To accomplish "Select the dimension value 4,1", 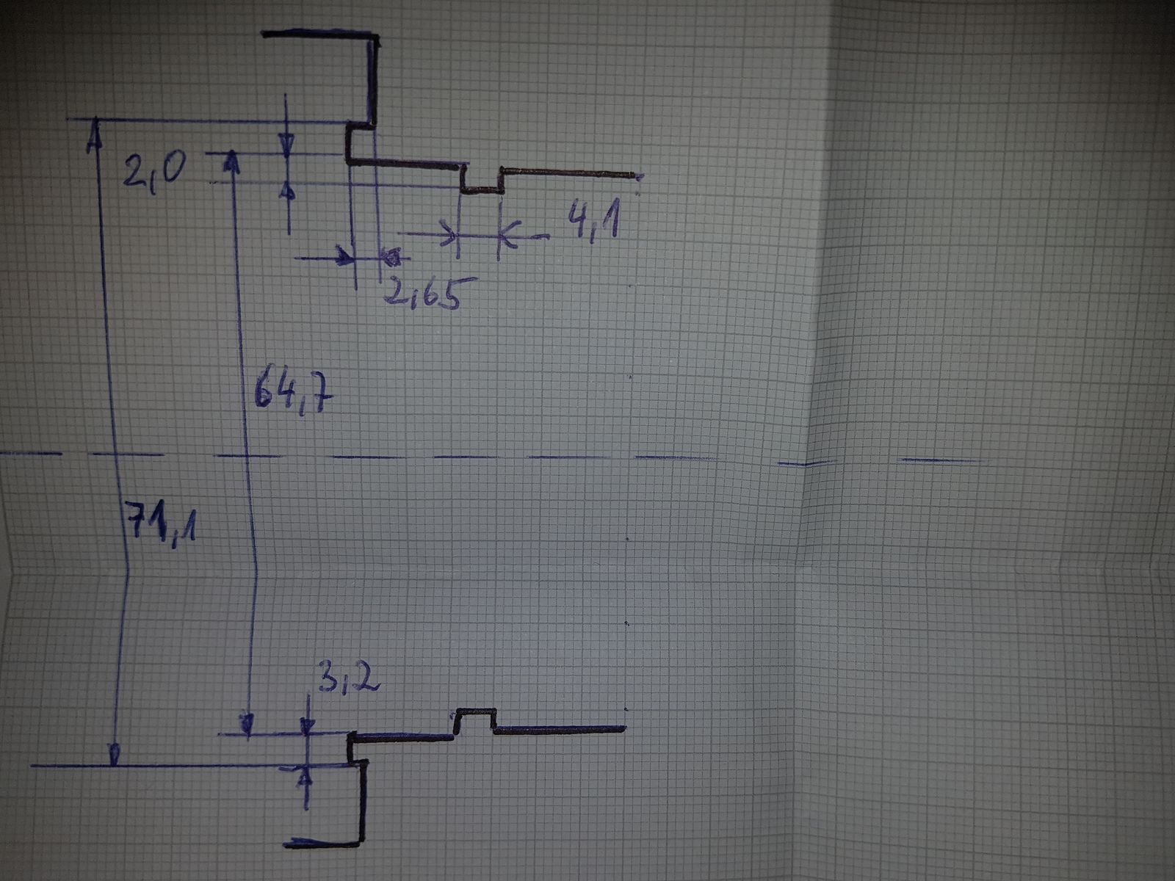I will coord(591,222).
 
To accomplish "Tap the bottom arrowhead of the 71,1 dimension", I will coord(114,755).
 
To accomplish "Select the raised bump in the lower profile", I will coord(476,718).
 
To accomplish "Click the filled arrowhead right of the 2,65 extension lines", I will coord(393,257).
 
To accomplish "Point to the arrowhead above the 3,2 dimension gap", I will coord(308,724).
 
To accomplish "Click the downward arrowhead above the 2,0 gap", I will coord(287,145).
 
